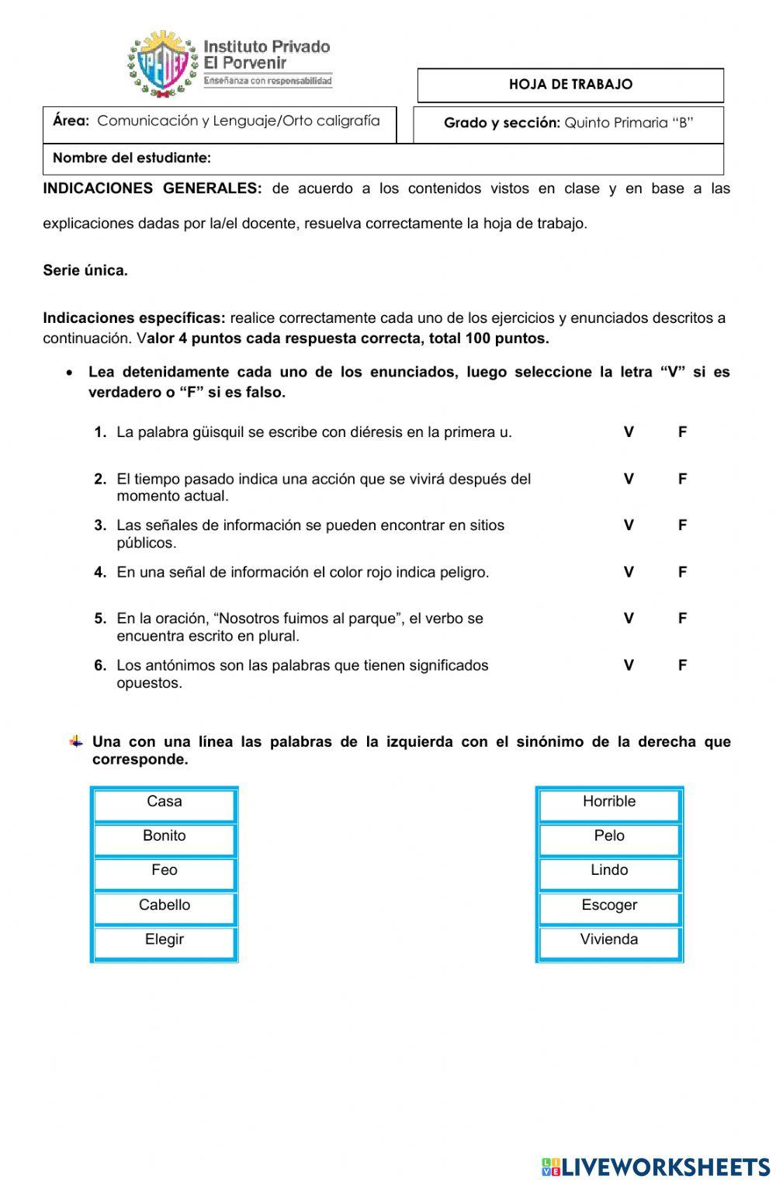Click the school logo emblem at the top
click(164, 64)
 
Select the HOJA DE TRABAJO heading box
click(570, 85)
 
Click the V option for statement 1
click(629, 432)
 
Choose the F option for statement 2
click(682, 479)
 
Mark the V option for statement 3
click(629, 526)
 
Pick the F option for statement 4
click(682, 572)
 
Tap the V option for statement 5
click(629, 619)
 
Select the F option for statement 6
click(682, 665)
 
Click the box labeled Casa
click(165, 804)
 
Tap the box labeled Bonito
click(165, 838)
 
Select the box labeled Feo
click(165, 873)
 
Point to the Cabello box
click(165, 907)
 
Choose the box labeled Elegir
click(165, 942)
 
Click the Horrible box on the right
click(609, 804)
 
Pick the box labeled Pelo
click(609, 838)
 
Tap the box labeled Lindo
click(609, 873)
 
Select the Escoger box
click(609, 907)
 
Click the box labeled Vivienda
click(609, 942)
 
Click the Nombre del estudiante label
click(132, 158)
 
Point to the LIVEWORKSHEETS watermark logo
click(656, 1166)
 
